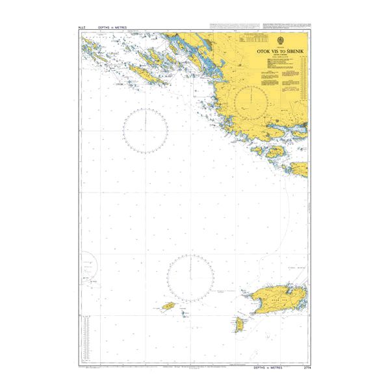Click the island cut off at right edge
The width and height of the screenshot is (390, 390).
click(x=300, y=170)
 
